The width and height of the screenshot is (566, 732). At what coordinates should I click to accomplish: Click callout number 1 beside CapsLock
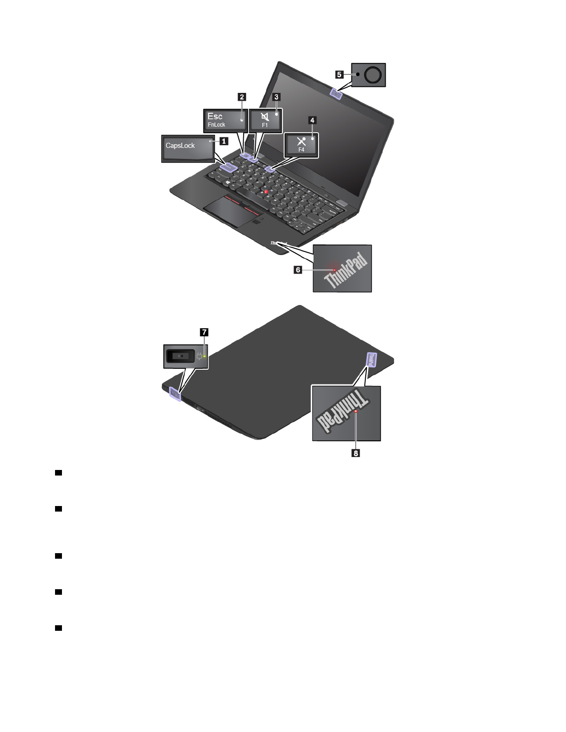point(224,141)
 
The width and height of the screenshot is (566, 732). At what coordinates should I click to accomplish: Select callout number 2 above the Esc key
point(242,97)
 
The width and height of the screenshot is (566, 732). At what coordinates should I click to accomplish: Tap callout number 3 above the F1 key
point(277,97)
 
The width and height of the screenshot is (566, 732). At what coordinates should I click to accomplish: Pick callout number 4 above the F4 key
point(313,120)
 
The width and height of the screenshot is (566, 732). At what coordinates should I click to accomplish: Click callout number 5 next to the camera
point(339,74)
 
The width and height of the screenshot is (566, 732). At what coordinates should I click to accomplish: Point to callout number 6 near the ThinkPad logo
point(298,269)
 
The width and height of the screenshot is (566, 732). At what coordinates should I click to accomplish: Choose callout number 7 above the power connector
point(204,332)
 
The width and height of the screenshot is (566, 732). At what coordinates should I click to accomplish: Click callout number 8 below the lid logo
point(356,453)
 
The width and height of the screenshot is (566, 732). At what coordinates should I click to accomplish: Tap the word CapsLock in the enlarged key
point(180,146)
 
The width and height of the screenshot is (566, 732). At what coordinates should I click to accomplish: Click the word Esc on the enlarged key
point(215,116)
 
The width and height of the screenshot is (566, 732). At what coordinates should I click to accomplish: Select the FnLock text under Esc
point(216,125)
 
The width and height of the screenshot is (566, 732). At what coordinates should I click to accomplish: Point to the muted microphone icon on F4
point(301,141)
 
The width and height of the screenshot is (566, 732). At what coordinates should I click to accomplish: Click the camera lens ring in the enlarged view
point(373,74)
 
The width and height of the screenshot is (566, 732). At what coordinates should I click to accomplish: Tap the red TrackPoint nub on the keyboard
point(266,191)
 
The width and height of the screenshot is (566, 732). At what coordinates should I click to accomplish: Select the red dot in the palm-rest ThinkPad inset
point(334,269)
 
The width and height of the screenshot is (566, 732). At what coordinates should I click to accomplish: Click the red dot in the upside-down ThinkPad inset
point(356,411)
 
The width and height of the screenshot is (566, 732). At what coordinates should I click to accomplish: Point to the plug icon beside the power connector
point(200,356)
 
